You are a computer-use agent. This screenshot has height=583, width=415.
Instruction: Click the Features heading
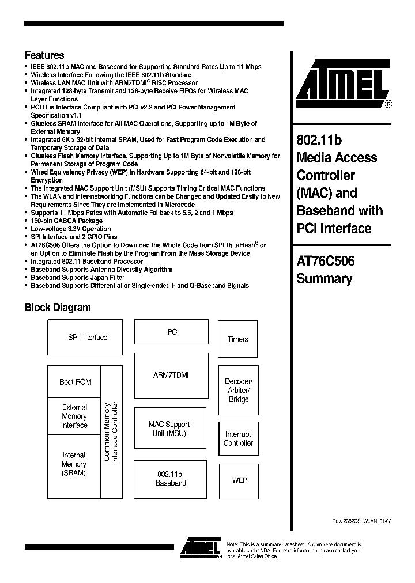(x=44, y=56)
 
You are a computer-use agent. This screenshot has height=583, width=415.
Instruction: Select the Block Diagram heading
(x=58, y=308)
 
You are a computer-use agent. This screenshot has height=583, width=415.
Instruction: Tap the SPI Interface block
(x=88, y=338)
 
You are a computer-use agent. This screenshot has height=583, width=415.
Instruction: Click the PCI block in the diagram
(x=173, y=332)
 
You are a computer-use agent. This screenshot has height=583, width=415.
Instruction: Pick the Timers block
(x=237, y=339)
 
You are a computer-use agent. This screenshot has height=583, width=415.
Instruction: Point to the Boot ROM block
(x=75, y=382)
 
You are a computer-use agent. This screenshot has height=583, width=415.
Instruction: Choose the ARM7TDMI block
(x=171, y=376)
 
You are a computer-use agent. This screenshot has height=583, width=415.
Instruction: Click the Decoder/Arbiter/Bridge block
(x=238, y=391)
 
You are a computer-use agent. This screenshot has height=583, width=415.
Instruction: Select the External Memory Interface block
(x=74, y=417)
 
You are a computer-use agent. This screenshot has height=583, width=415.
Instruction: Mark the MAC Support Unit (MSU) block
(x=169, y=429)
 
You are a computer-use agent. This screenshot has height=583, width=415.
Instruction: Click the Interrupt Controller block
(x=238, y=439)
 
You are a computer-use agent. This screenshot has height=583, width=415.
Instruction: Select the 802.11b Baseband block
(x=171, y=479)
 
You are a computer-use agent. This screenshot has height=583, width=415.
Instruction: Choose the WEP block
(x=239, y=480)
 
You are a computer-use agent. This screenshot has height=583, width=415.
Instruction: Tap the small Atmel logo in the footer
(x=200, y=548)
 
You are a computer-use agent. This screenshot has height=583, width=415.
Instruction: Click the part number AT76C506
(x=326, y=261)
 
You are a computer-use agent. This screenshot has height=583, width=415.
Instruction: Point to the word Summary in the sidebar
(x=324, y=279)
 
